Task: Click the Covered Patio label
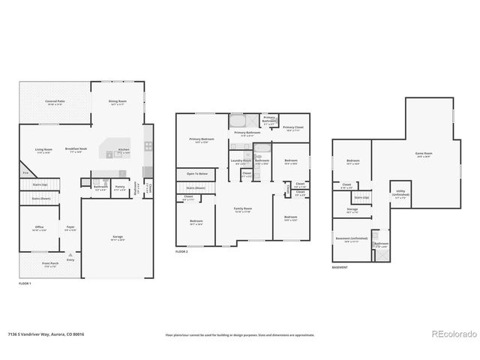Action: click(53, 101)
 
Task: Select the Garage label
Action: click(116, 238)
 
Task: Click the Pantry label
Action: click(120, 187)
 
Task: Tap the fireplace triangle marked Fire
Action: click(24, 173)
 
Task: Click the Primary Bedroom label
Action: click(200, 139)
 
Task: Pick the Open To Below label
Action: click(197, 173)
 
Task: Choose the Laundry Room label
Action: click(240, 160)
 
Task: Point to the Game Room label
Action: click(424, 154)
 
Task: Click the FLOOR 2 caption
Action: click(181, 251)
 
